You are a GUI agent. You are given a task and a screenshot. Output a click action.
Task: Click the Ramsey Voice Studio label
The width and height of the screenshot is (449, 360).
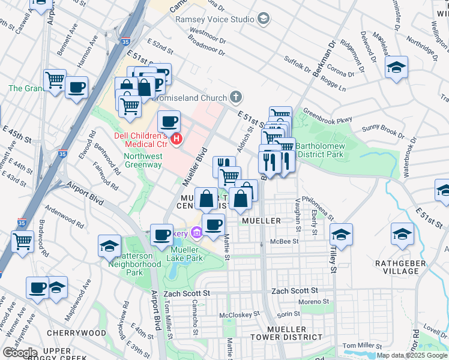pyautogui.click(x=215, y=19)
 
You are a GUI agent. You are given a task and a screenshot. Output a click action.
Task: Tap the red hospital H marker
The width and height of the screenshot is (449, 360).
pyautogui.click(x=176, y=140)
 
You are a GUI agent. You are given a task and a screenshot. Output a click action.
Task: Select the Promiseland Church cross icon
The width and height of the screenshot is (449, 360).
pyautogui.click(x=237, y=97)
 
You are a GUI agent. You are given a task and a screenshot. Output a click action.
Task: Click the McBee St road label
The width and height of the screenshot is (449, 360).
pyautogui.click(x=285, y=242)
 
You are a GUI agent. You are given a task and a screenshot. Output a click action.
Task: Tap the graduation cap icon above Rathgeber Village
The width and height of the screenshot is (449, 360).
pyautogui.click(x=402, y=233)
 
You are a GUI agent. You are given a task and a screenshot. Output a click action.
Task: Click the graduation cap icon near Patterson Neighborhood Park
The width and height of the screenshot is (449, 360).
pyautogui.click(x=110, y=245)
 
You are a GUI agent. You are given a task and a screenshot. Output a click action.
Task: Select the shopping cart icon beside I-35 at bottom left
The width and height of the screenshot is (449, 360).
pyautogui.click(x=23, y=241)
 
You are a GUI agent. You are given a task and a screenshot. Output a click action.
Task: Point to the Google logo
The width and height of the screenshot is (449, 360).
pyautogui.click(x=20, y=353)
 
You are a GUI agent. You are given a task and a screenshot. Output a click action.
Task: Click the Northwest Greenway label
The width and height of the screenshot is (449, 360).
pyautogui.click(x=143, y=160)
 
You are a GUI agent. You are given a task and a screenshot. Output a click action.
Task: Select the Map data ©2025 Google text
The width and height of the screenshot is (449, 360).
pyautogui.click(x=412, y=355)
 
